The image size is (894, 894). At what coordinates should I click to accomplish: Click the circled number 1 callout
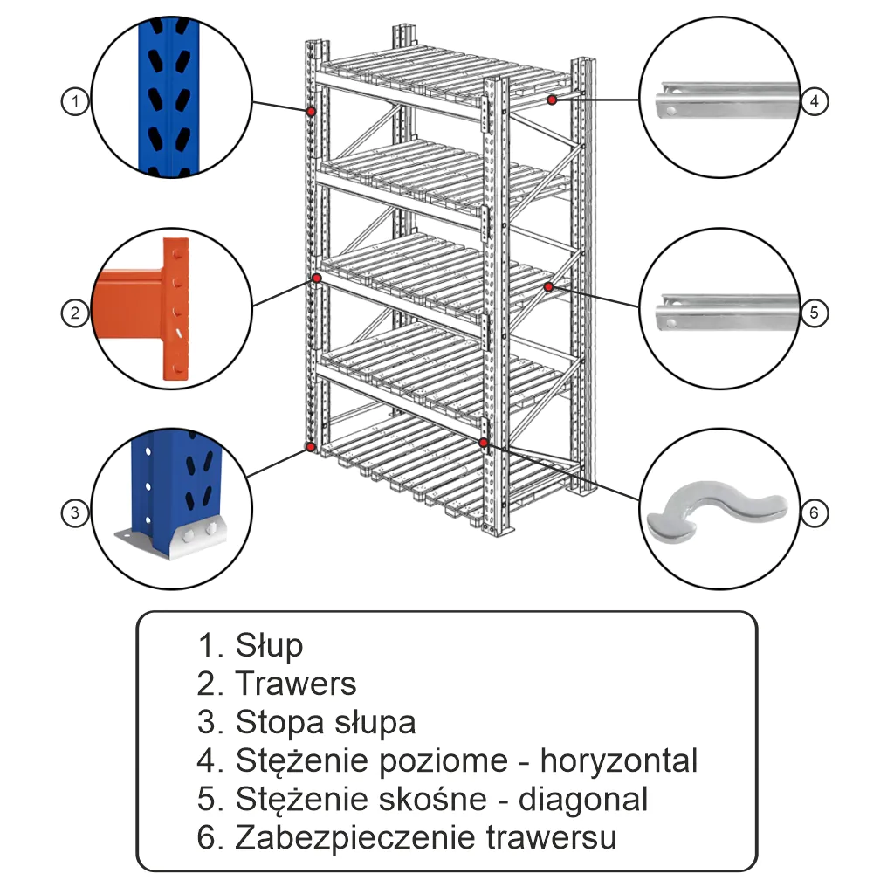click(76, 102)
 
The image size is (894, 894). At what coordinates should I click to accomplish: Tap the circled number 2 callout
click(76, 312)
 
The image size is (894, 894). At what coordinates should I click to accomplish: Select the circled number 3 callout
click(76, 512)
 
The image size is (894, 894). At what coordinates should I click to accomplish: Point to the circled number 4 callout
click(814, 102)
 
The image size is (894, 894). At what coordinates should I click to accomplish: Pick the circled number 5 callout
click(814, 312)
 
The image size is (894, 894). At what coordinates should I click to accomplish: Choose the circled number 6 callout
click(814, 512)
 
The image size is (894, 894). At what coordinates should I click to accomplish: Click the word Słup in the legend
click(269, 646)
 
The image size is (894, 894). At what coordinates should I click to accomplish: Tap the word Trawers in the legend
click(296, 684)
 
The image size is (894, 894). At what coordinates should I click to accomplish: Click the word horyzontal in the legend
click(619, 760)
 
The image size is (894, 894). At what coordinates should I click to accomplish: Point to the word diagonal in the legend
click(583, 799)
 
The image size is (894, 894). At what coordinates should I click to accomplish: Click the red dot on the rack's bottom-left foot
click(310, 447)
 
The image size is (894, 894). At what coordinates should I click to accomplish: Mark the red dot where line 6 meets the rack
click(483, 444)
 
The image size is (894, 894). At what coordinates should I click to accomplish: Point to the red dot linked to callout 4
click(553, 100)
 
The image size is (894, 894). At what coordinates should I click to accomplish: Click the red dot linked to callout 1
click(310, 111)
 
